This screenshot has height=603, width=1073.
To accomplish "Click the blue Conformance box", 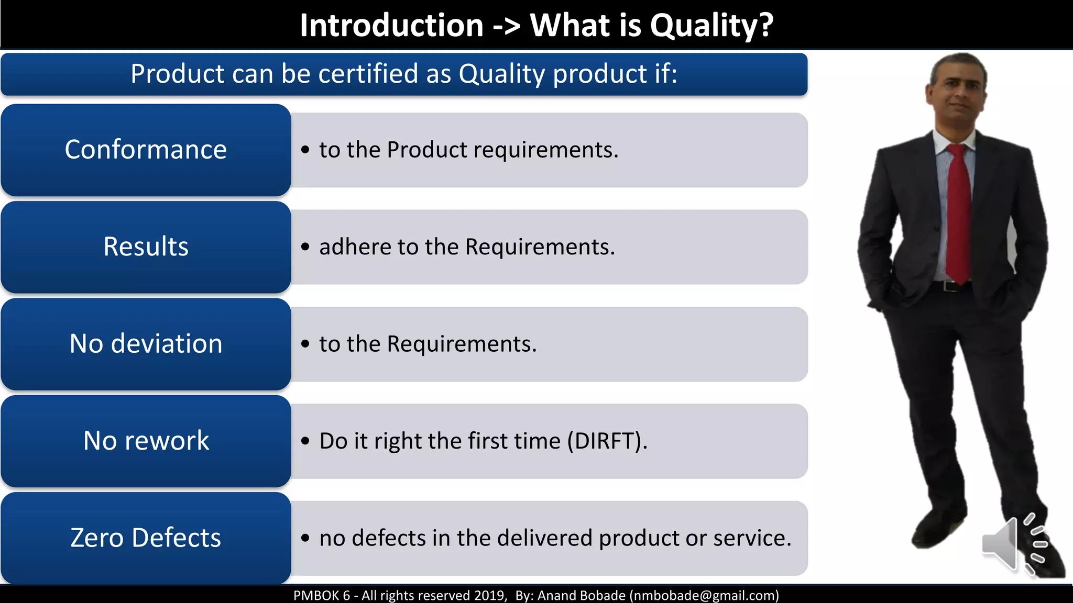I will (x=146, y=150).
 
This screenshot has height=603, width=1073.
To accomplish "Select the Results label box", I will (x=146, y=247).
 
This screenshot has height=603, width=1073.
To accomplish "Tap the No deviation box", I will (x=146, y=344).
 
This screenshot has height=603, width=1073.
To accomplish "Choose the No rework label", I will (x=146, y=441).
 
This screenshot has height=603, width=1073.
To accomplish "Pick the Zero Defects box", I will (x=146, y=538).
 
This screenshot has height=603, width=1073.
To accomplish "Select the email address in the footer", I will (x=704, y=596).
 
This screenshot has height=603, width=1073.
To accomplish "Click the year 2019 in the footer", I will (x=489, y=596).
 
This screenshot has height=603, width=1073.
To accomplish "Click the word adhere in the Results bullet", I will (x=355, y=247).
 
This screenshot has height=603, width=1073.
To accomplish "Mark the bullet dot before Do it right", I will (x=305, y=441).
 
